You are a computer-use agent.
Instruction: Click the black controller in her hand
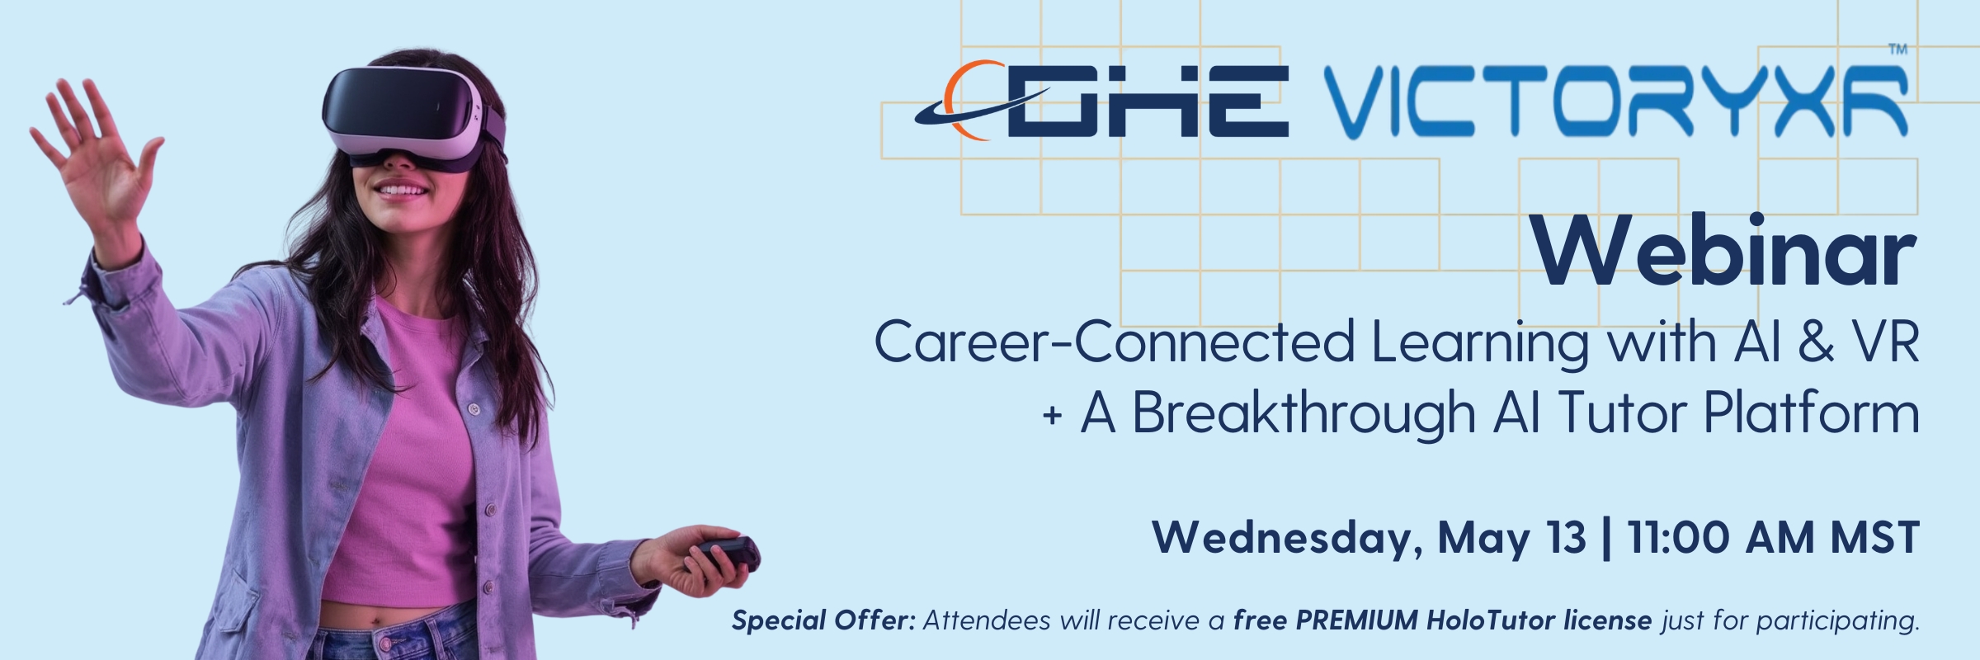[726, 552]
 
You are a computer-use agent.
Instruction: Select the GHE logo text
[1147, 103]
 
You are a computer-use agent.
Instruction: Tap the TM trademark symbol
[1897, 49]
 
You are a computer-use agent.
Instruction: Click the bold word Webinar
[1724, 252]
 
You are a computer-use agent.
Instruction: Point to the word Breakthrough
[1303, 412]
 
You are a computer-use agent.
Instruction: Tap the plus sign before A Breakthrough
[1052, 415]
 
